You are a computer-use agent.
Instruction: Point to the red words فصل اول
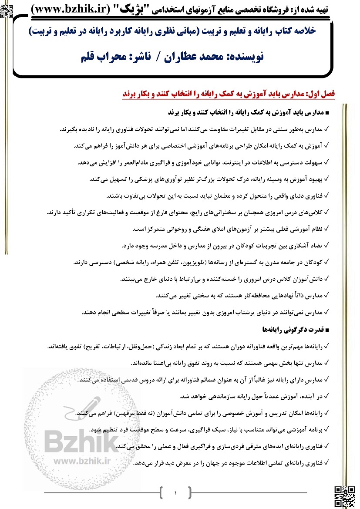click(x=325, y=94)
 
